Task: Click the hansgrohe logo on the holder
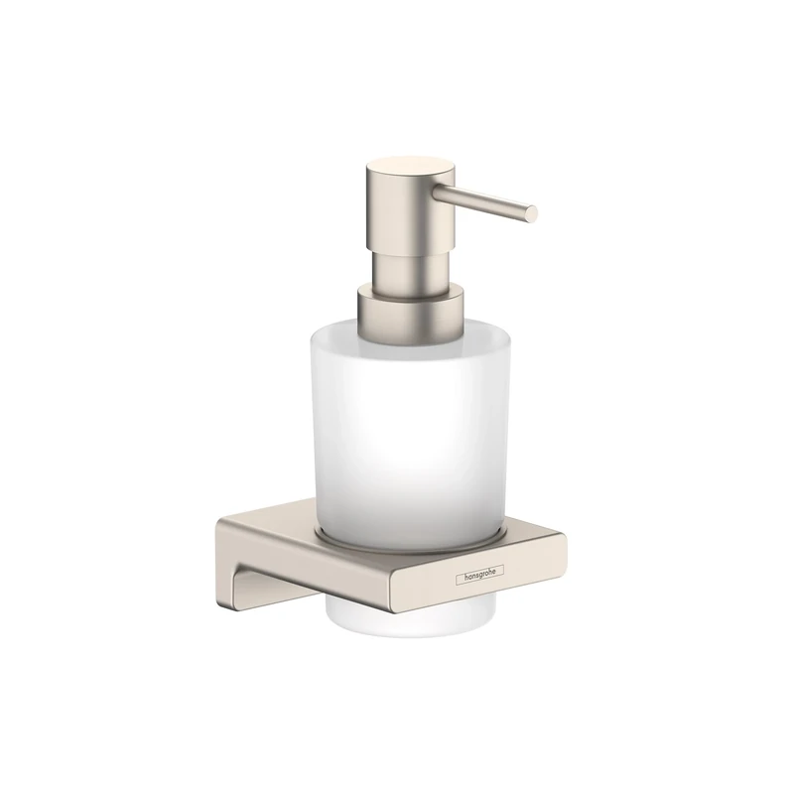click(481, 575)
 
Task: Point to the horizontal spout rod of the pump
click(491, 199)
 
